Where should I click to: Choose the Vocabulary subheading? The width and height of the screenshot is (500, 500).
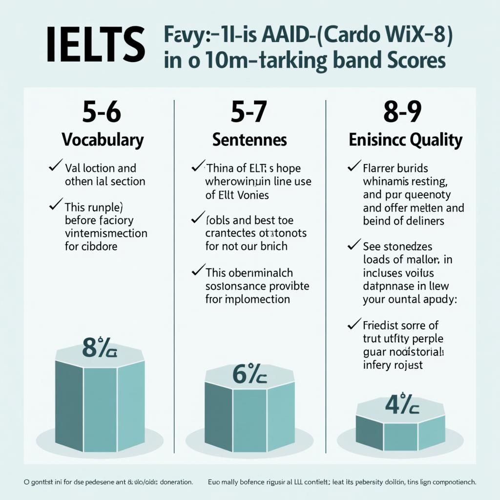[103, 140]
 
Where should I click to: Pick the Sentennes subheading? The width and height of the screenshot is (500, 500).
[250, 140]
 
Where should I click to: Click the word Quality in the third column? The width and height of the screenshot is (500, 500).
[436, 140]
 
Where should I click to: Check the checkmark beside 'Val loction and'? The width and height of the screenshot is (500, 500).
[55, 167]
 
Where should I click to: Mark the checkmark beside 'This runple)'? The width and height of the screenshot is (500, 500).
[56, 204]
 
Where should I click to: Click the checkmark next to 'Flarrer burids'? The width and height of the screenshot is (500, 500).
[354, 167]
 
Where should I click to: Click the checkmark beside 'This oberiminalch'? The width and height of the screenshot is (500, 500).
[198, 270]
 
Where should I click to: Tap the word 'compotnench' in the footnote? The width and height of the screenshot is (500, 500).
[449, 482]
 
